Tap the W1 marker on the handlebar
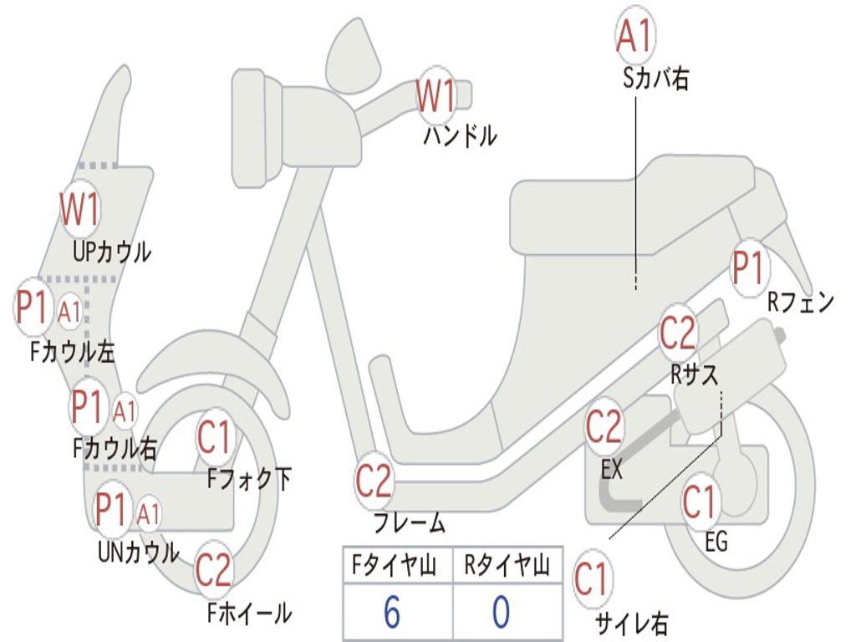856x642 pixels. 436,97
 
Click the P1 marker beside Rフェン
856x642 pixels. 748,268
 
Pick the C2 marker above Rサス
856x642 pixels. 678,334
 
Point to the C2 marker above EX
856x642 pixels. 604,428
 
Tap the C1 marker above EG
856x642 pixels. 701,502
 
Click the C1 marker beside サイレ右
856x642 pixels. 592,579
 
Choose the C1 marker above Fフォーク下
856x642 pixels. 216,438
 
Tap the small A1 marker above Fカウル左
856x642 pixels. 70,312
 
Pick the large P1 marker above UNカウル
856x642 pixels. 111,509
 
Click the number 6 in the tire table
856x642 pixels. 392,613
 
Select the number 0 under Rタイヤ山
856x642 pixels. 501,613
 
